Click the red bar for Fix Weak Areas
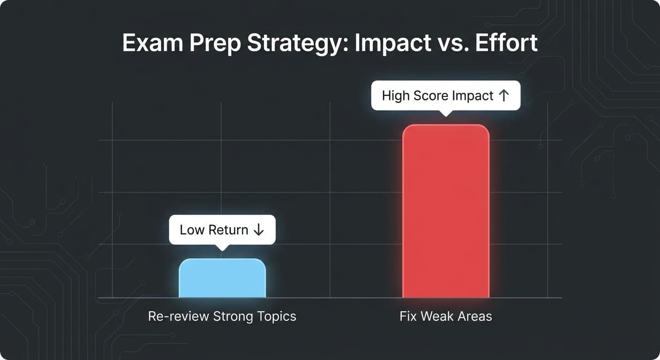click(446, 211)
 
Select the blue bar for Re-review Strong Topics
click(222, 278)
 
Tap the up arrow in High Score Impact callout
click(503, 96)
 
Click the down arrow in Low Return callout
click(258, 230)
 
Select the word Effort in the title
click(506, 44)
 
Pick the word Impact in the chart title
click(393, 44)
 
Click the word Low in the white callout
click(192, 230)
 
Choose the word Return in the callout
click(229, 230)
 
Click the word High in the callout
click(396, 96)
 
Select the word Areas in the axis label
click(475, 316)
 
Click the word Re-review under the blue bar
click(179, 316)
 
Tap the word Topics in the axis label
click(277, 316)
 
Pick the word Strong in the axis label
click(232, 316)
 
